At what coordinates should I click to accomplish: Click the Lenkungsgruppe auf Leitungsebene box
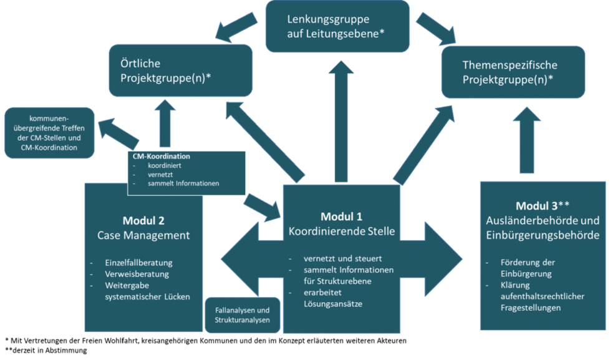click(337, 26)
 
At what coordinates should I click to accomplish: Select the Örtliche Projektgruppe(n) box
click(181, 69)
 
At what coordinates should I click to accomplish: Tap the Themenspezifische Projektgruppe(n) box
click(513, 72)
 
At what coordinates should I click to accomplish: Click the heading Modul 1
click(341, 216)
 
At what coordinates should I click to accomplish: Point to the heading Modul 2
click(144, 220)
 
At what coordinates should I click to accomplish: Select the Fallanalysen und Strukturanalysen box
click(242, 315)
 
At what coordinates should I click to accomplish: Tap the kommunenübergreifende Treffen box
click(49, 132)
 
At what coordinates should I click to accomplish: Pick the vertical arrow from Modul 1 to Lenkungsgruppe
click(340, 119)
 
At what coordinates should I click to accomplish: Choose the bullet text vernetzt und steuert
click(342, 258)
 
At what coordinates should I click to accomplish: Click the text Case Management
click(143, 235)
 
